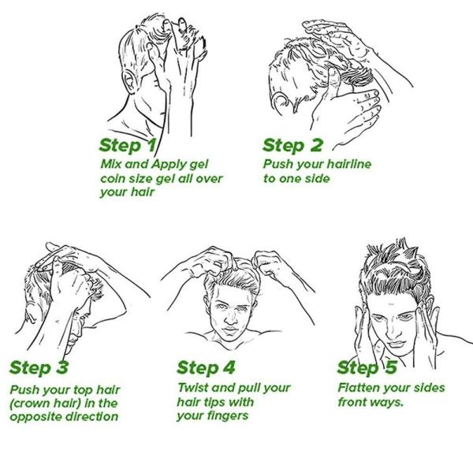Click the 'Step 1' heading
coord(128,146)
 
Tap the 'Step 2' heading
coord(292,146)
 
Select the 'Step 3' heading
coord(39,367)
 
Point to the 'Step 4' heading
coord(206,367)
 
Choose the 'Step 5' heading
coord(367,367)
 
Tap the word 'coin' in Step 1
coord(112,179)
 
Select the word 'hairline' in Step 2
coord(349,165)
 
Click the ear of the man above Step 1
coord(130,81)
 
